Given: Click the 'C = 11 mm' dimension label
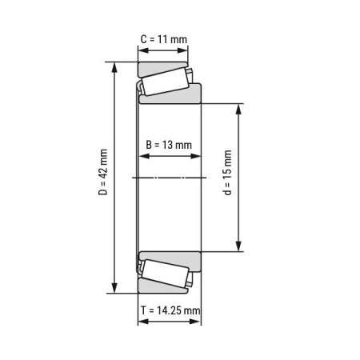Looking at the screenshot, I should (163, 38).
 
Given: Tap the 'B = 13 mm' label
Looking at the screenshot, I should (169, 145).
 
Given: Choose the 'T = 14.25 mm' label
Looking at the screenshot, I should (170, 310).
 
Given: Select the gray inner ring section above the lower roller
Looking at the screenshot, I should (170, 258).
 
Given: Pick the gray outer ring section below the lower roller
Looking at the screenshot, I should (160, 289).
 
